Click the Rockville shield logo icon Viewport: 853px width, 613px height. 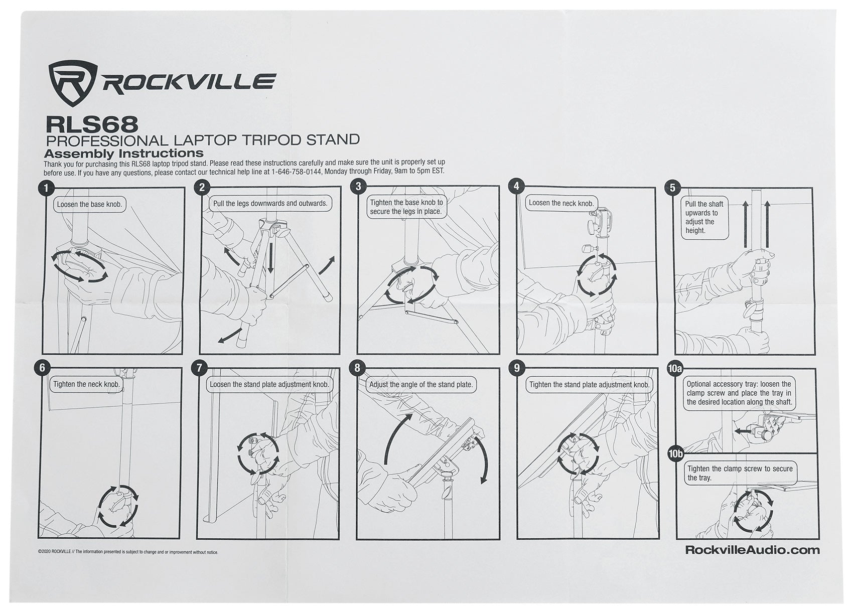pos(72,83)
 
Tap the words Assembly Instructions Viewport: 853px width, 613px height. pos(123,153)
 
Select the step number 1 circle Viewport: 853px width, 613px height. pos(46,188)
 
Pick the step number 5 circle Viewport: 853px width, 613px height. pos(672,188)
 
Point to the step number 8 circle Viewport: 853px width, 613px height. pos(357,368)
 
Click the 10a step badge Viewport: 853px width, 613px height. pos(675,369)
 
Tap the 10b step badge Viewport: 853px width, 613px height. pos(675,454)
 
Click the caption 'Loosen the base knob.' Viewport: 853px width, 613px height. pos(89,205)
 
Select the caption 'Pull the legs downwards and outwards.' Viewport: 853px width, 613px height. pos(270,204)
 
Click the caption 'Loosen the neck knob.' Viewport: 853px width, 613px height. pos(561,203)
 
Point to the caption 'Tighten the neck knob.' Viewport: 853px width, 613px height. pos(87,385)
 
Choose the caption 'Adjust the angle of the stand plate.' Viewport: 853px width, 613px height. pos(421,385)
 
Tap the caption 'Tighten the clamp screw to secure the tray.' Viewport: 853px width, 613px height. pos(740,473)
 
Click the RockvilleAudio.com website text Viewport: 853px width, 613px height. pos(752,550)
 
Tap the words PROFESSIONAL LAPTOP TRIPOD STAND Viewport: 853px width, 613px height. pos(202,139)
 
